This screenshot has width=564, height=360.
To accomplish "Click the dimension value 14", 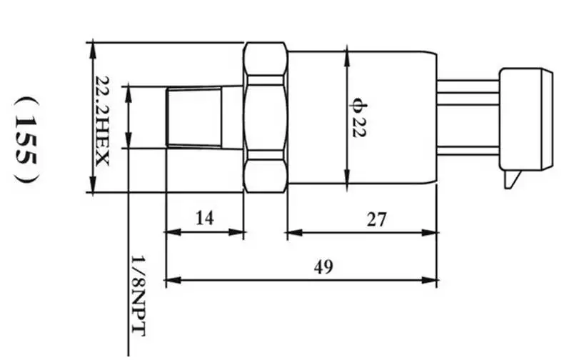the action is coord(205,218).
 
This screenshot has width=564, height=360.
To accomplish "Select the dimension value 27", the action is coord(376,219).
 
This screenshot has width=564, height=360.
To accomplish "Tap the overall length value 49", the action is coord(323,267).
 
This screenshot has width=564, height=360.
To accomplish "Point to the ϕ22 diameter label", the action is coord(358,118).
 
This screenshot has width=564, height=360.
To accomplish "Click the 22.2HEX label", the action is coord(102,121).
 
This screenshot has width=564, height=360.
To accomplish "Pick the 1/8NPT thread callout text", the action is coord(139,296).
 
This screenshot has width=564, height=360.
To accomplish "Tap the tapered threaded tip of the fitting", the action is coord(194,118).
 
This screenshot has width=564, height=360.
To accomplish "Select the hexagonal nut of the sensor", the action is coord(266,117).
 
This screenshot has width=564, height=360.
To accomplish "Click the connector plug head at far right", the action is coord(526,119).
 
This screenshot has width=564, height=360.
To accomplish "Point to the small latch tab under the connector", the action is coord(512,179).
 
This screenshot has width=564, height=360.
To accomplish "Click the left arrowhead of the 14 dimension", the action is coord(173,232).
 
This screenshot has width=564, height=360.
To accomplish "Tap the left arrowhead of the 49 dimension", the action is coord(173,280).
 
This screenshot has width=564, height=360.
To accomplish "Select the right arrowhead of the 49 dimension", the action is coord(430,280).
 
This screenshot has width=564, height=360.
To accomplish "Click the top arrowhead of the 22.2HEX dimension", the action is coord(93,51).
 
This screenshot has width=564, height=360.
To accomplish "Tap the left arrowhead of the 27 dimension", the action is coord(295,233).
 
